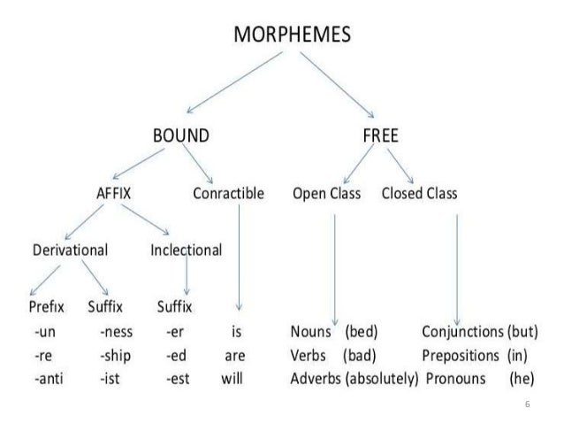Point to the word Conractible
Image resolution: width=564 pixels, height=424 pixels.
tap(227, 193)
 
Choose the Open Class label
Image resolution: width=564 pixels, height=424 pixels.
tap(326, 193)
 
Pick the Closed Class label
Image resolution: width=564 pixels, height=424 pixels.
tap(419, 193)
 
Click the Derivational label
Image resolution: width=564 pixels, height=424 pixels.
tap(70, 250)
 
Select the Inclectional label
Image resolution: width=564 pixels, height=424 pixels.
tap(186, 250)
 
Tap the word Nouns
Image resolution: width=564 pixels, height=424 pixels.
tap(310, 334)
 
